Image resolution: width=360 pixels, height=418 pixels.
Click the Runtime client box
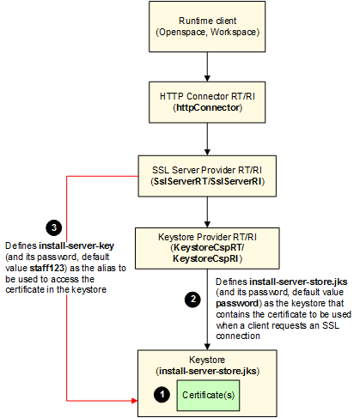coord(207,27)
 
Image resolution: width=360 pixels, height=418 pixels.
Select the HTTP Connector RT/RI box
coord(207,102)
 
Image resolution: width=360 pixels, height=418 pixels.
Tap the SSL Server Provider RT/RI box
coord(207,176)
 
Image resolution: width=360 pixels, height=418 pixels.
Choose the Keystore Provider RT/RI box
coord(207,248)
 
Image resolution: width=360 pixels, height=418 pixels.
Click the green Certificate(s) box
coord(208,396)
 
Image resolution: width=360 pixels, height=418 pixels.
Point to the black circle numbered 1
coord(162,395)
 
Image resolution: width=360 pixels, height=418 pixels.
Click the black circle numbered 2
coord(192,300)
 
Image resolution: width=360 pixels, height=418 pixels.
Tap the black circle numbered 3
coord(54,227)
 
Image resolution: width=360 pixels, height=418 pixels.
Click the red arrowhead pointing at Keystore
coord(135,401)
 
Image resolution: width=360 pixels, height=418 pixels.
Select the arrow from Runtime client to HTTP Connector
coord(207,67)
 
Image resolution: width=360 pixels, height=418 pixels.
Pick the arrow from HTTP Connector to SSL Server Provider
coord(207,139)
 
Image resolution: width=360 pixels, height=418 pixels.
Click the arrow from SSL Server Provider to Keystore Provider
coord(207,212)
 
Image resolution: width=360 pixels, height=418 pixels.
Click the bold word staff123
coord(46,268)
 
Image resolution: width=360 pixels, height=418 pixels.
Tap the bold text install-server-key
coord(76,245)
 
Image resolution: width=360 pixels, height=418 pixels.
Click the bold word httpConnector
coord(208,108)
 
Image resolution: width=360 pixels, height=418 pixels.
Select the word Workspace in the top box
coord(233,32)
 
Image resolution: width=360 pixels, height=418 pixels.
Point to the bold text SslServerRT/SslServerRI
coord(208,181)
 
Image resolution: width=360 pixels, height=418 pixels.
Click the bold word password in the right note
coord(237,303)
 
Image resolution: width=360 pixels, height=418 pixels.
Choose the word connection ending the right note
coord(238,336)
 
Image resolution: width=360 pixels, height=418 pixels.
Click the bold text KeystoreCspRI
coord(205,258)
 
